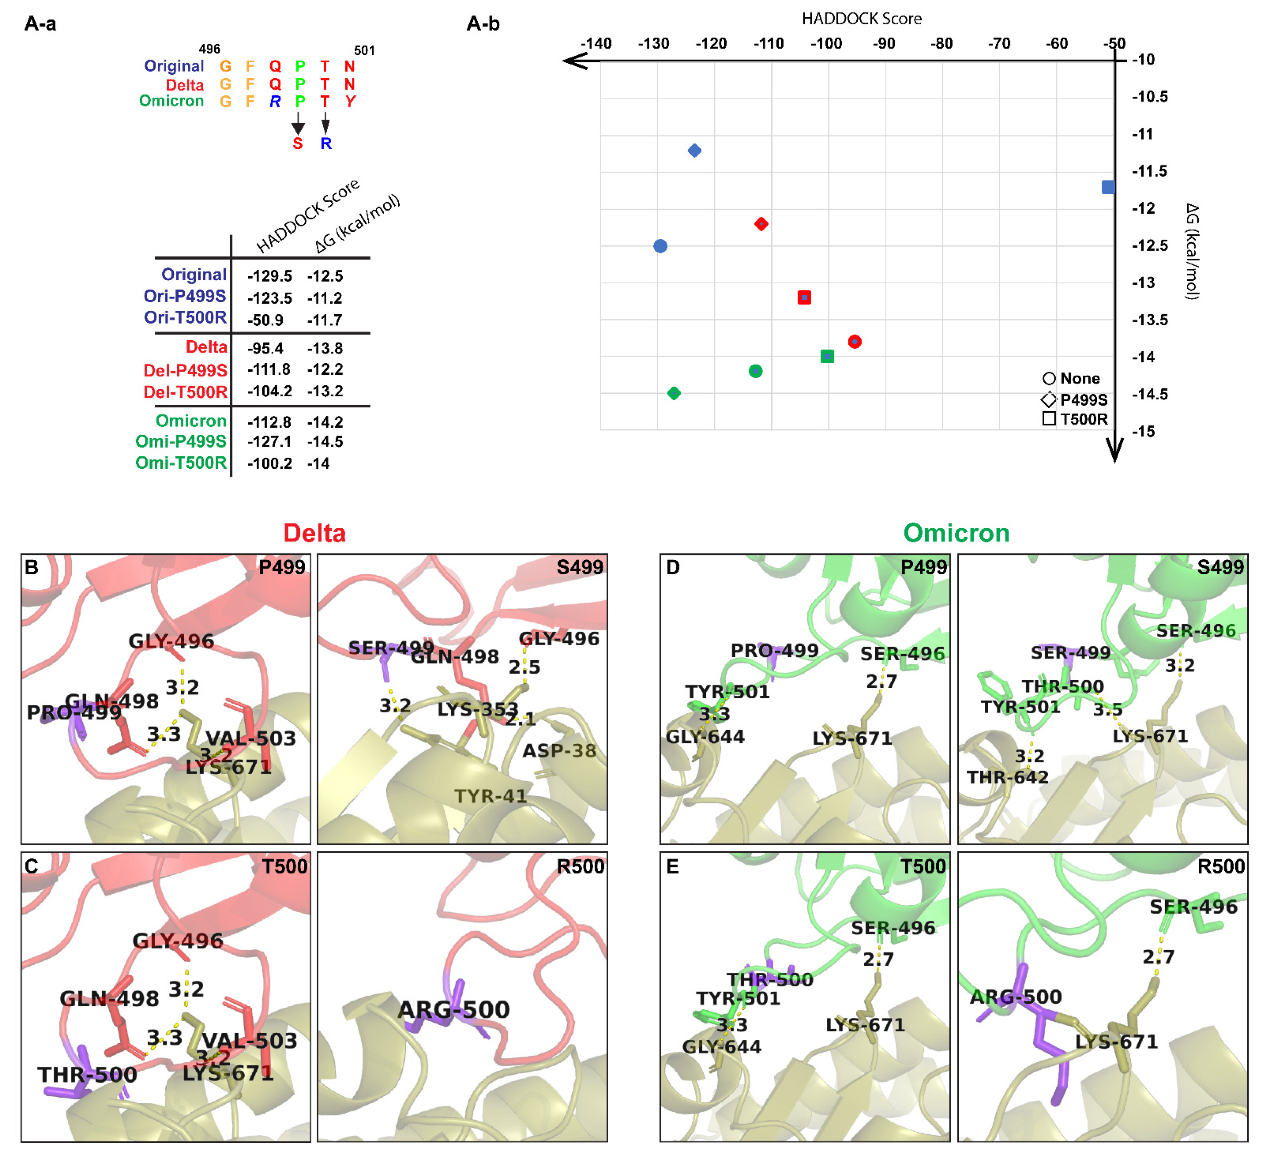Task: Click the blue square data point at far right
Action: (x=1108, y=187)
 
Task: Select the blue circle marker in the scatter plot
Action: (x=660, y=246)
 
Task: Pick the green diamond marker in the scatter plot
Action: (x=674, y=393)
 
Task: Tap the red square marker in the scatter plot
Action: (x=804, y=297)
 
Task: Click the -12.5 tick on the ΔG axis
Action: (x=1150, y=245)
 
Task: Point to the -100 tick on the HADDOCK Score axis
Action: (x=826, y=43)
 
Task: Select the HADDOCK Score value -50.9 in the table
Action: (x=265, y=320)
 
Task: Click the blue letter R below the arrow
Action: (x=326, y=144)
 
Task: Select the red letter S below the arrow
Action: (x=297, y=144)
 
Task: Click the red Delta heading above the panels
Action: (x=314, y=533)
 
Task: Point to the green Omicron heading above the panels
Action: (x=956, y=533)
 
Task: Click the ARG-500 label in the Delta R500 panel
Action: (x=453, y=1009)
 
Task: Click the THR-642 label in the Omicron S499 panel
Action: (x=1008, y=778)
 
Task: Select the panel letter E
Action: (x=672, y=867)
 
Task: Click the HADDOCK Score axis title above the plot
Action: (x=861, y=19)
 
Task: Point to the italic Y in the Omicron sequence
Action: (x=350, y=101)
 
